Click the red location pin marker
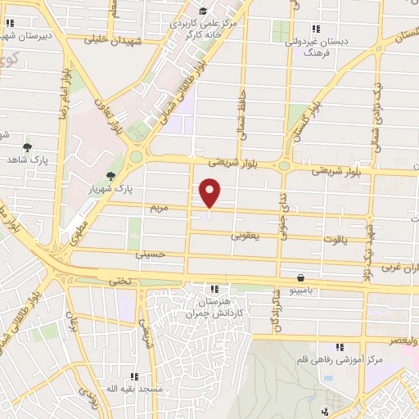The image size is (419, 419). tap(210, 193)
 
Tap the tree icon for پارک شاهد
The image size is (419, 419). tap(28, 147)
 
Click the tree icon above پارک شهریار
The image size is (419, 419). tap(110, 176)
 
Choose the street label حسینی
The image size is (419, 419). tap(150, 255)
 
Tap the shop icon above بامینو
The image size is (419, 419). tap(301, 278)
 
